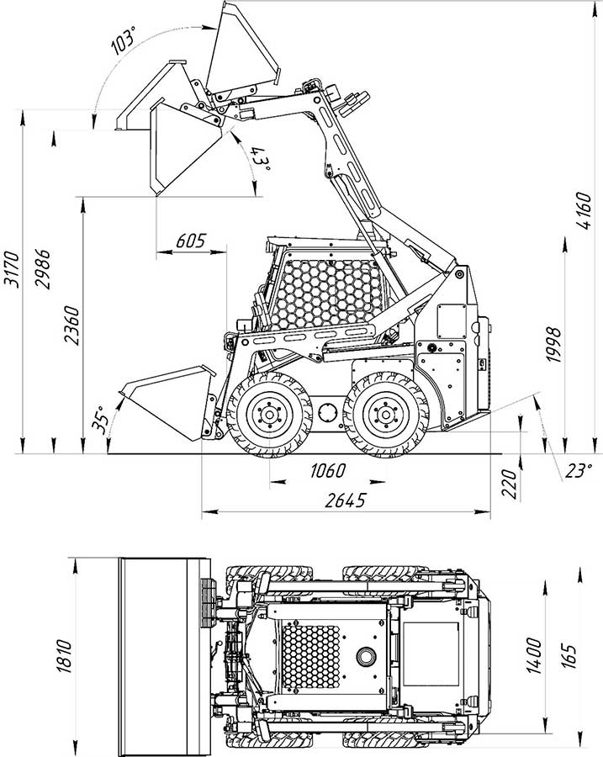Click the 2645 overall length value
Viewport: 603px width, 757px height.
[x=345, y=500]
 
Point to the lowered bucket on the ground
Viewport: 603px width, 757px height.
[x=164, y=404]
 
